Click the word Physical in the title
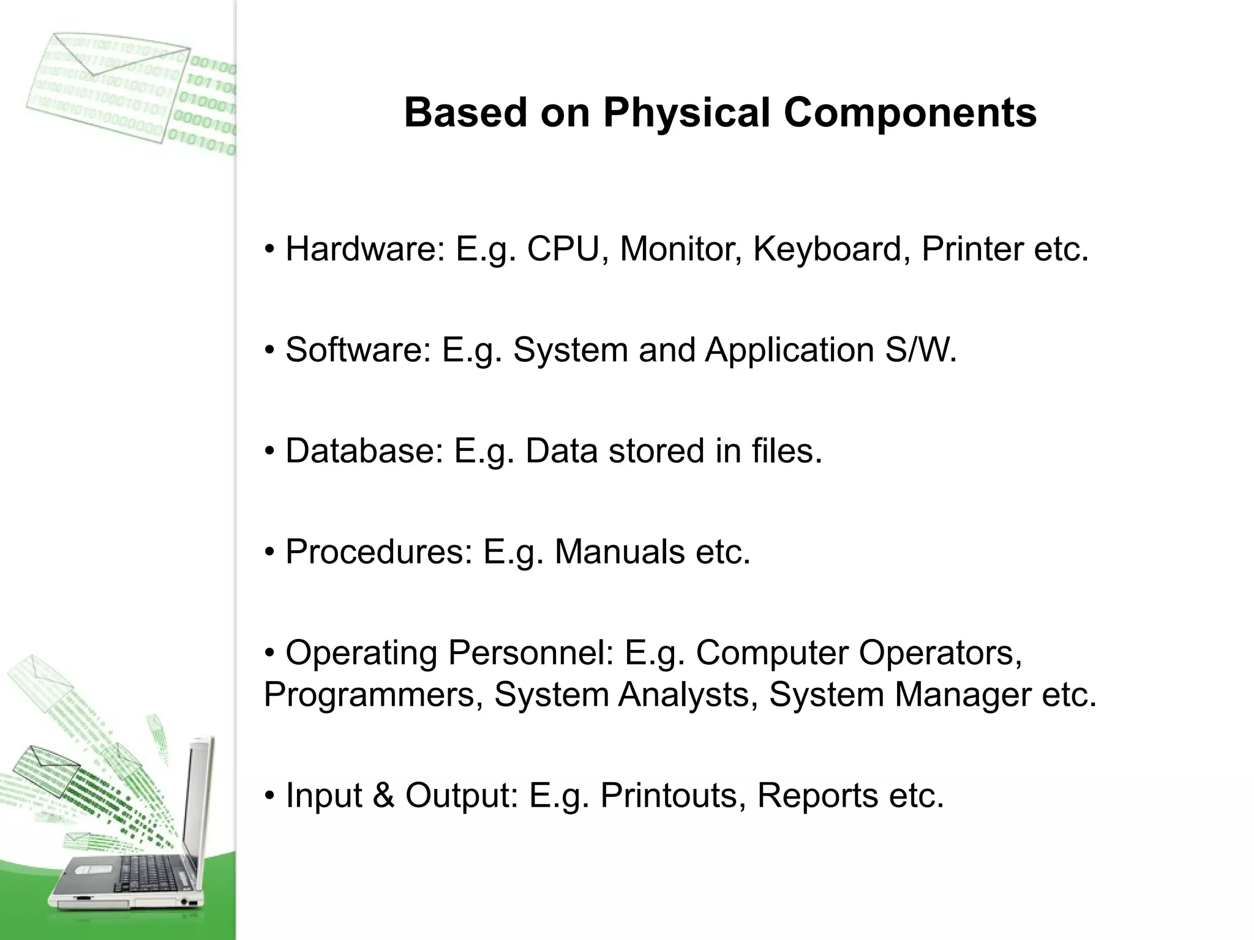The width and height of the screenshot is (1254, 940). pos(686,114)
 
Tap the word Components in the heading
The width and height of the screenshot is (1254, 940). pos(910,114)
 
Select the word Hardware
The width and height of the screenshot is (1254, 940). pos(365,249)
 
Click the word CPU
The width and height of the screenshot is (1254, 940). pos(563,249)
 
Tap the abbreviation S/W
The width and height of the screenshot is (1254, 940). pos(920,350)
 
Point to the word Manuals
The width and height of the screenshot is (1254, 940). pos(619,552)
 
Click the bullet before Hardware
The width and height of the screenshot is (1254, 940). pos(270,250)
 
